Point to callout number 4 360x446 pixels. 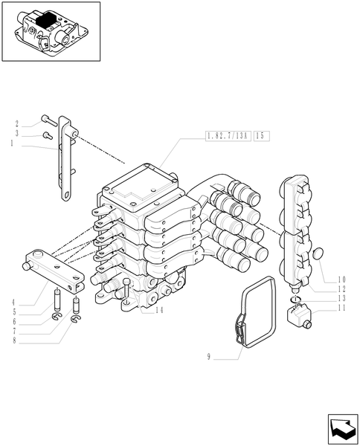point(13,303)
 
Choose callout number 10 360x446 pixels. point(343,279)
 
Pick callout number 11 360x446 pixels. point(343,306)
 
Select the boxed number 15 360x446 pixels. point(260,137)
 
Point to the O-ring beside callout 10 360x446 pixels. point(317,255)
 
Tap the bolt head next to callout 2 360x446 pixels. point(45,117)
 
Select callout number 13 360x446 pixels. point(343,297)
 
